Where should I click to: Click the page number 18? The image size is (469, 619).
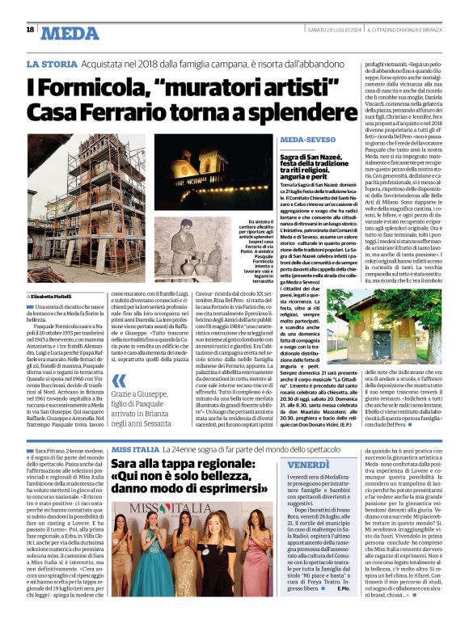pos(30,29)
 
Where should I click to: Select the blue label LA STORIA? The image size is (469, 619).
pos(52,63)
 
